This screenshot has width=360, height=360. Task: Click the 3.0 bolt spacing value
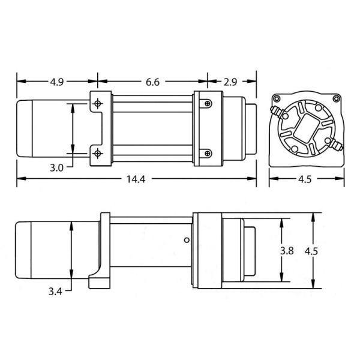pyautogui.click(x=57, y=167)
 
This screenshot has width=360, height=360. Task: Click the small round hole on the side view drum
pyautogui.click(x=185, y=241)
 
